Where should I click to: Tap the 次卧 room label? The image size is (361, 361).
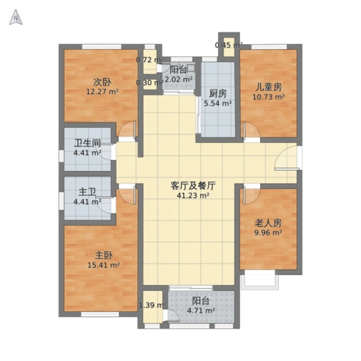tap(101, 82)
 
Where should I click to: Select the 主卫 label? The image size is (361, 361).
tap(87, 192)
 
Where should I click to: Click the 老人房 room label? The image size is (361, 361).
tap(267, 222)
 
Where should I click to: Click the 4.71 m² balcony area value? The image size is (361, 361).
tap(200, 311)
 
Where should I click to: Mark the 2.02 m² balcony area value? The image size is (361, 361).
tap(178, 79)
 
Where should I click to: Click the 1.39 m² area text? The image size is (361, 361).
tap(152, 306)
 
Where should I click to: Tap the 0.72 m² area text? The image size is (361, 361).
tap(149, 60)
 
